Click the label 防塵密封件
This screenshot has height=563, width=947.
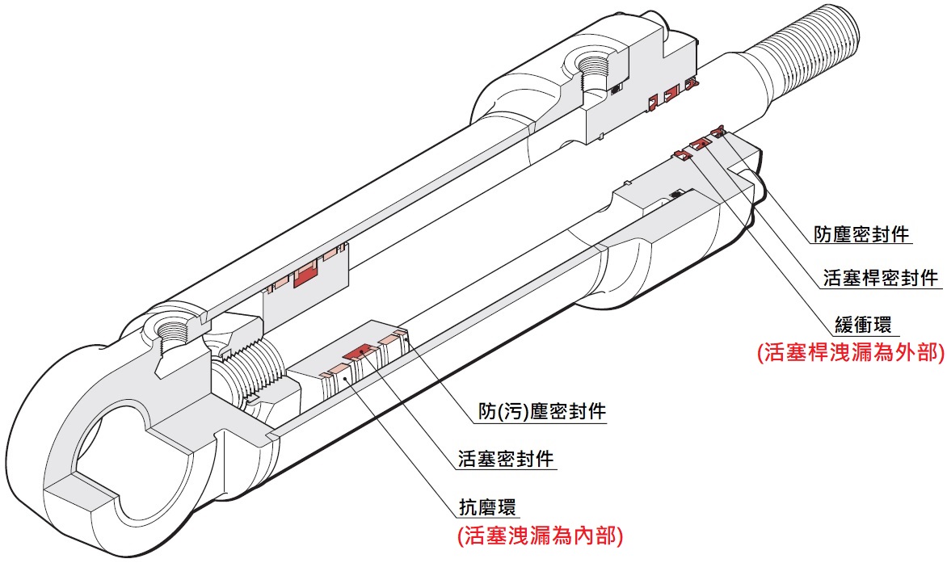coord(861,235)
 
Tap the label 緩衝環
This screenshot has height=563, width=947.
coord(863,326)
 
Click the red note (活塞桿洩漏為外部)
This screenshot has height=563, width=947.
coord(849,353)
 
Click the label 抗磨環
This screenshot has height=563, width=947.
coord(484,507)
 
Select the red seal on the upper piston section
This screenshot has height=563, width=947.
coord(306,276)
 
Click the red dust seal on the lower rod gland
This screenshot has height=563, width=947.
coord(717,131)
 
